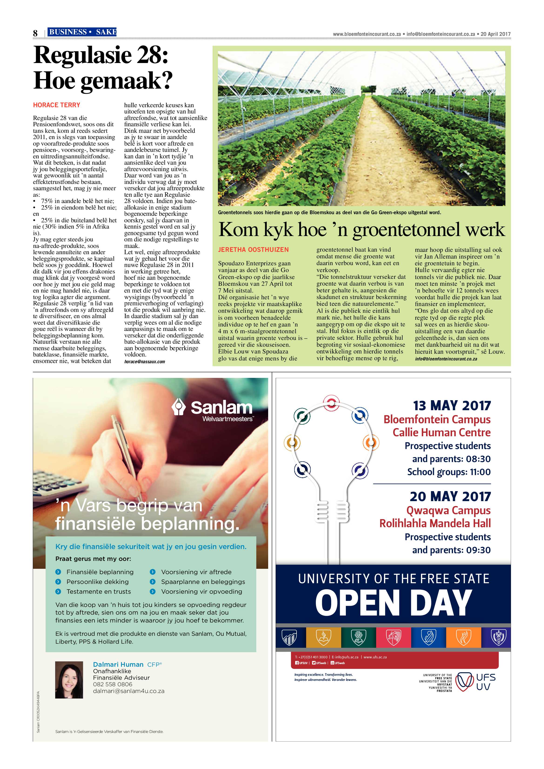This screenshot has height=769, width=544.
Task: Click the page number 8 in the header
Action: [x=35, y=33]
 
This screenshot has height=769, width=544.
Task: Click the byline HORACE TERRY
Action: [x=57, y=105]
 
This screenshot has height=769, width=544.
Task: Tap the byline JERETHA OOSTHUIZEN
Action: [x=253, y=250]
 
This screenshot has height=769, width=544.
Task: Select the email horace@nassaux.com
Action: [x=145, y=362]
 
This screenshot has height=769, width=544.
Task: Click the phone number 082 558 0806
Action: [x=113, y=684]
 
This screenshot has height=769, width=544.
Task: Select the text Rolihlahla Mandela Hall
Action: [x=435, y=523]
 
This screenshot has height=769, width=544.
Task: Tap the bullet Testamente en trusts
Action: [x=98, y=592]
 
